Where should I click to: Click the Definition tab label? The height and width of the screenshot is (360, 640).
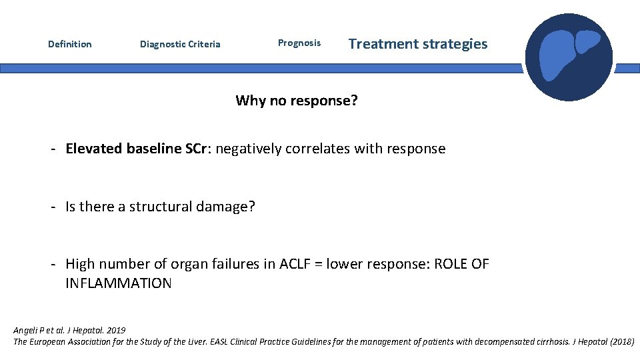70,44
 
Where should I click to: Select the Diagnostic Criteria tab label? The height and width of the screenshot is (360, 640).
180,44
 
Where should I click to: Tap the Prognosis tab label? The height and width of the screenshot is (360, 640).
299,43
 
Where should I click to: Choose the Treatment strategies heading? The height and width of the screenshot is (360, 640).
418,44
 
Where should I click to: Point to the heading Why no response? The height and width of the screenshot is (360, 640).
297,101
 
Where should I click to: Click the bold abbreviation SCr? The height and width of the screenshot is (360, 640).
197,149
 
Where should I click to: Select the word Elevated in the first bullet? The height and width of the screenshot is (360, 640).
93,149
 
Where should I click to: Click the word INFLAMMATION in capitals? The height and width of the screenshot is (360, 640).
118,283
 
